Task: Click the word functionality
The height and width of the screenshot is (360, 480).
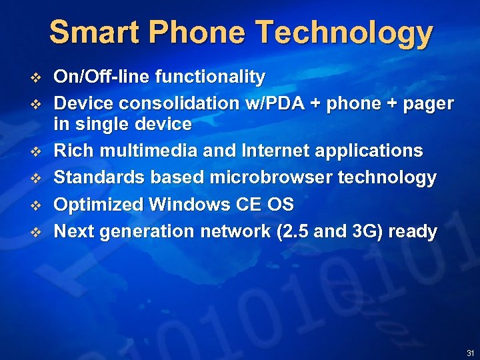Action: [x=210, y=77]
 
